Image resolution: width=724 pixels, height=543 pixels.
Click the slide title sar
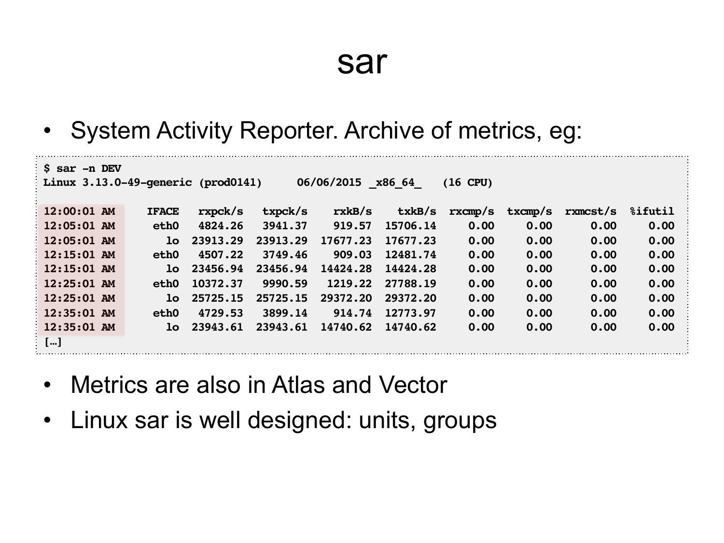pyautogui.click(x=362, y=63)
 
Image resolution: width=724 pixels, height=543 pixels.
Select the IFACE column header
pyautogui.click(x=163, y=211)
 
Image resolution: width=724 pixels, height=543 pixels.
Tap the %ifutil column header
pyautogui.click(x=652, y=211)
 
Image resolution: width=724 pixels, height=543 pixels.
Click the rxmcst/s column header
pyautogui.click(x=590, y=211)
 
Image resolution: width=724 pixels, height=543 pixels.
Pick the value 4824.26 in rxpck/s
pyautogui.click(x=220, y=226)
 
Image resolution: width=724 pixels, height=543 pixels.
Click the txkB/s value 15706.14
pyautogui.click(x=410, y=226)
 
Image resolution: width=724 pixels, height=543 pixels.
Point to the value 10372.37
pyautogui.click(x=217, y=283)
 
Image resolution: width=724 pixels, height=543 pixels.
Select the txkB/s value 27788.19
pyautogui.click(x=410, y=283)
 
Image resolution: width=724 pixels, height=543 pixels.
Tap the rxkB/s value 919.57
pyautogui.click(x=352, y=226)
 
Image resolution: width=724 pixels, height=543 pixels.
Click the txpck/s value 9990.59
pyautogui.click(x=285, y=283)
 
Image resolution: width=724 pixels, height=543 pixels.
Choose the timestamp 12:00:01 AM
pyautogui.click(x=79, y=211)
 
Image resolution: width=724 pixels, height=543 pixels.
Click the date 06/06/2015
pyautogui.click(x=329, y=182)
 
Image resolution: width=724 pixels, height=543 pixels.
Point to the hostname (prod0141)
pyautogui.click(x=230, y=182)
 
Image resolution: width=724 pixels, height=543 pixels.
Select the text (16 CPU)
pyautogui.click(x=467, y=182)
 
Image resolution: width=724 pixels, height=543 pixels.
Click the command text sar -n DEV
pyautogui.click(x=89, y=168)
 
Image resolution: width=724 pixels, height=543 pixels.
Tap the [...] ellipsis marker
pyautogui.click(x=53, y=342)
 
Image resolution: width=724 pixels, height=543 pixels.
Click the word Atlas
pyautogui.click(x=298, y=385)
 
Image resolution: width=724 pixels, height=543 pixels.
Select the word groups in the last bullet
pyautogui.click(x=460, y=421)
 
